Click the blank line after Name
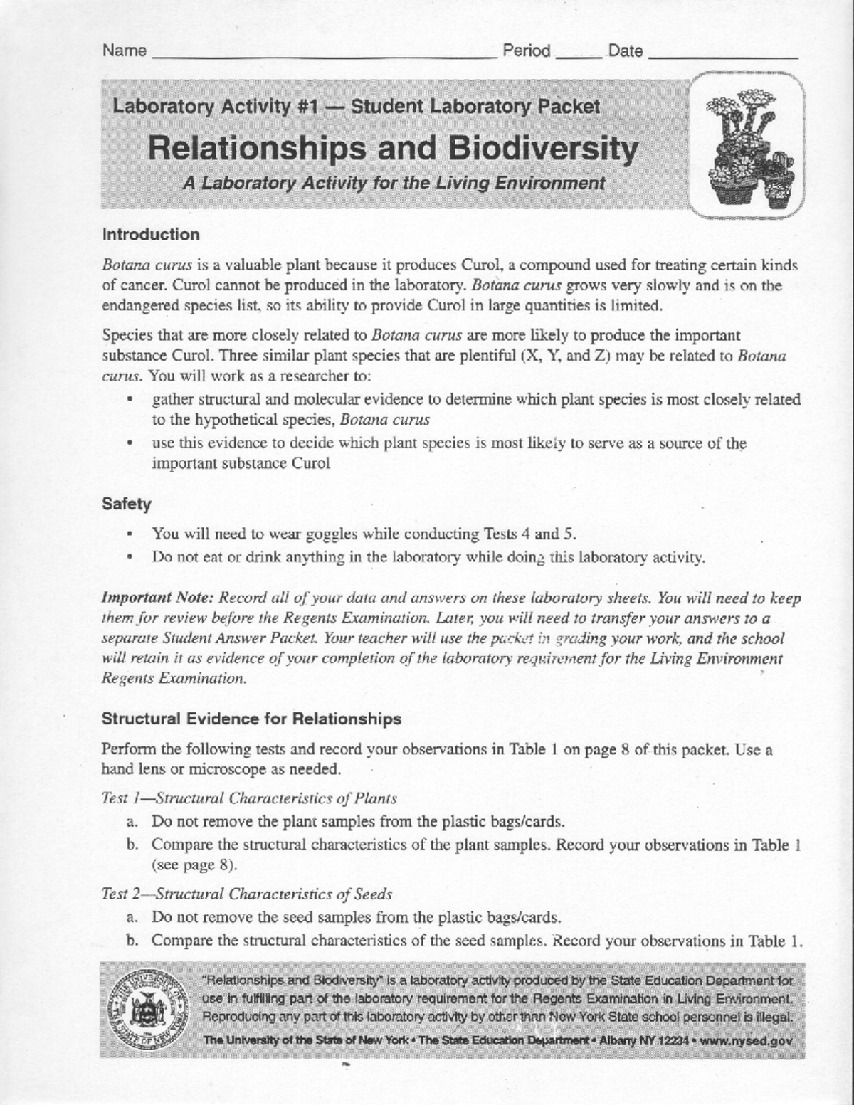(x=324, y=54)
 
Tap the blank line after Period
(x=579, y=54)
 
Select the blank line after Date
(x=723, y=54)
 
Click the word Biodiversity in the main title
(x=542, y=149)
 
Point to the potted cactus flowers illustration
(x=747, y=146)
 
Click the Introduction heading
(x=151, y=235)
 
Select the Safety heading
(x=127, y=504)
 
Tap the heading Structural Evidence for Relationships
(x=251, y=719)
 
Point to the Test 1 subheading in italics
(x=249, y=798)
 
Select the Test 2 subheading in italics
(x=247, y=894)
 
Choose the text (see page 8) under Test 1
(x=194, y=866)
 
